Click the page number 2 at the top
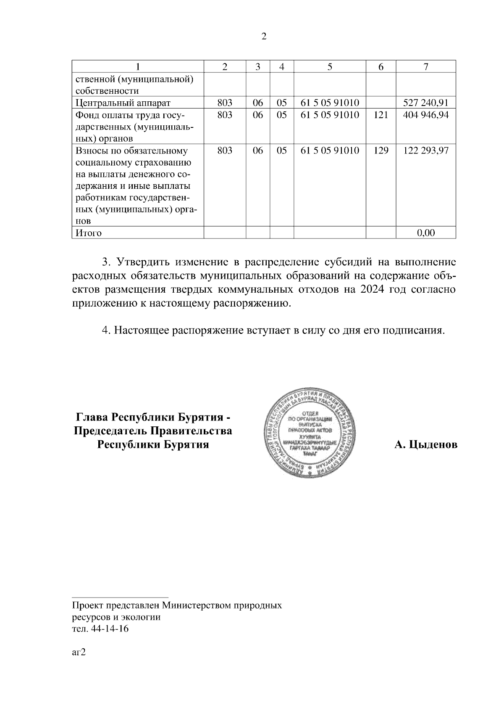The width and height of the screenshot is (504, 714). coord(264,37)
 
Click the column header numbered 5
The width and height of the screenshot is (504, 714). coord(330,66)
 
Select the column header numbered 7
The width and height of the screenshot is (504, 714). coord(425,66)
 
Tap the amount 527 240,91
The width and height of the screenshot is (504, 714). coord(425,103)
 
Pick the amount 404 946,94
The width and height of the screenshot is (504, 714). coord(425,115)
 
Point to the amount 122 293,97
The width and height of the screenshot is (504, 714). coord(425,151)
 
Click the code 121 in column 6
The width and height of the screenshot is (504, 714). coord(381,115)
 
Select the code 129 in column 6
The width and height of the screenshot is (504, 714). coord(381,151)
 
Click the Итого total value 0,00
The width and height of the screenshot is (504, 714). coord(425,233)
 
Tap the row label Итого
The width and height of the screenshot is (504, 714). coord(88,233)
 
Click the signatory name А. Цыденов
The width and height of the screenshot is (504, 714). coord(426,444)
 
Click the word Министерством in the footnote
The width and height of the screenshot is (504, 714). coord(191,606)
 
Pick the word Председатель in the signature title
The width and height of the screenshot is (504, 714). coord(110,431)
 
